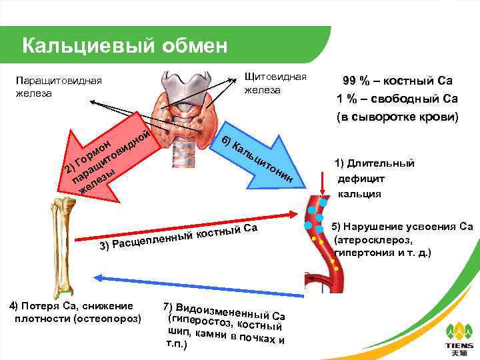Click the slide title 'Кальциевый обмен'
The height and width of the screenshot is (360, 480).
(x=125, y=45)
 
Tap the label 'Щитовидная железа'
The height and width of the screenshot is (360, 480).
(x=275, y=83)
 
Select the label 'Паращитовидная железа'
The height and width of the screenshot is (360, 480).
(x=58, y=87)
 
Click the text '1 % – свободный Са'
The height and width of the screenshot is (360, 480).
(x=398, y=99)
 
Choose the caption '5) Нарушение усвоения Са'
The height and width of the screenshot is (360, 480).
(x=403, y=226)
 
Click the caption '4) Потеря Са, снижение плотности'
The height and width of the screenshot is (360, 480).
(x=73, y=312)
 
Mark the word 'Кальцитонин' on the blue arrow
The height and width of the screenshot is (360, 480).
(x=257, y=159)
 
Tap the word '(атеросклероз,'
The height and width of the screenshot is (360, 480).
(x=373, y=239)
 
